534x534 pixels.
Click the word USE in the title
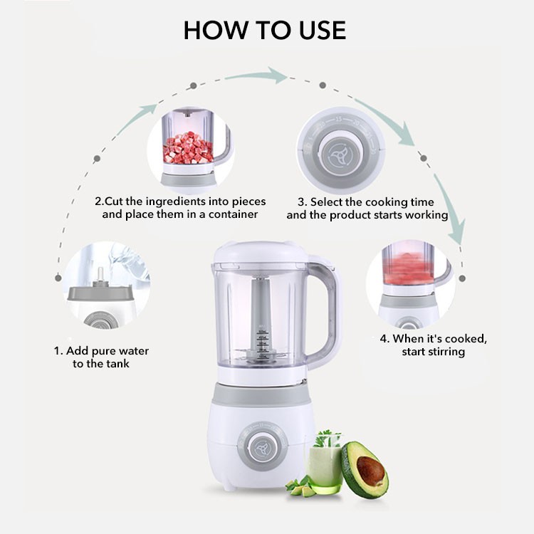pyautogui.click(x=323, y=31)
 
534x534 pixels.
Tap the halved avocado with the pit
pyautogui.click(x=365, y=469)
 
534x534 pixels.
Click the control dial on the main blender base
pyautogui.click(x=262, y=446)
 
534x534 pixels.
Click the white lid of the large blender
pyautogui.click(x=261, y=252)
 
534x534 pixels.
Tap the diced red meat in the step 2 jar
pyautogui.click(x=188, y=148)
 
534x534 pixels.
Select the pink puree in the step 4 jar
pyautogui.click(x=409, y=268)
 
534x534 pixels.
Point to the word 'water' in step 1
pyautogui.click(x=134, y=351)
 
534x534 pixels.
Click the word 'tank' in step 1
pyautogui.click(x=117, y=363)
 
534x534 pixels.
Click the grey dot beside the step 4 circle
pyautogui.click(x=462, y=278)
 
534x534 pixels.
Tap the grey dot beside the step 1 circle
pyautogui.click(x=58, y=278)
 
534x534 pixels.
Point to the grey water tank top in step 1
pyautogui.click(x=101, y=293)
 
